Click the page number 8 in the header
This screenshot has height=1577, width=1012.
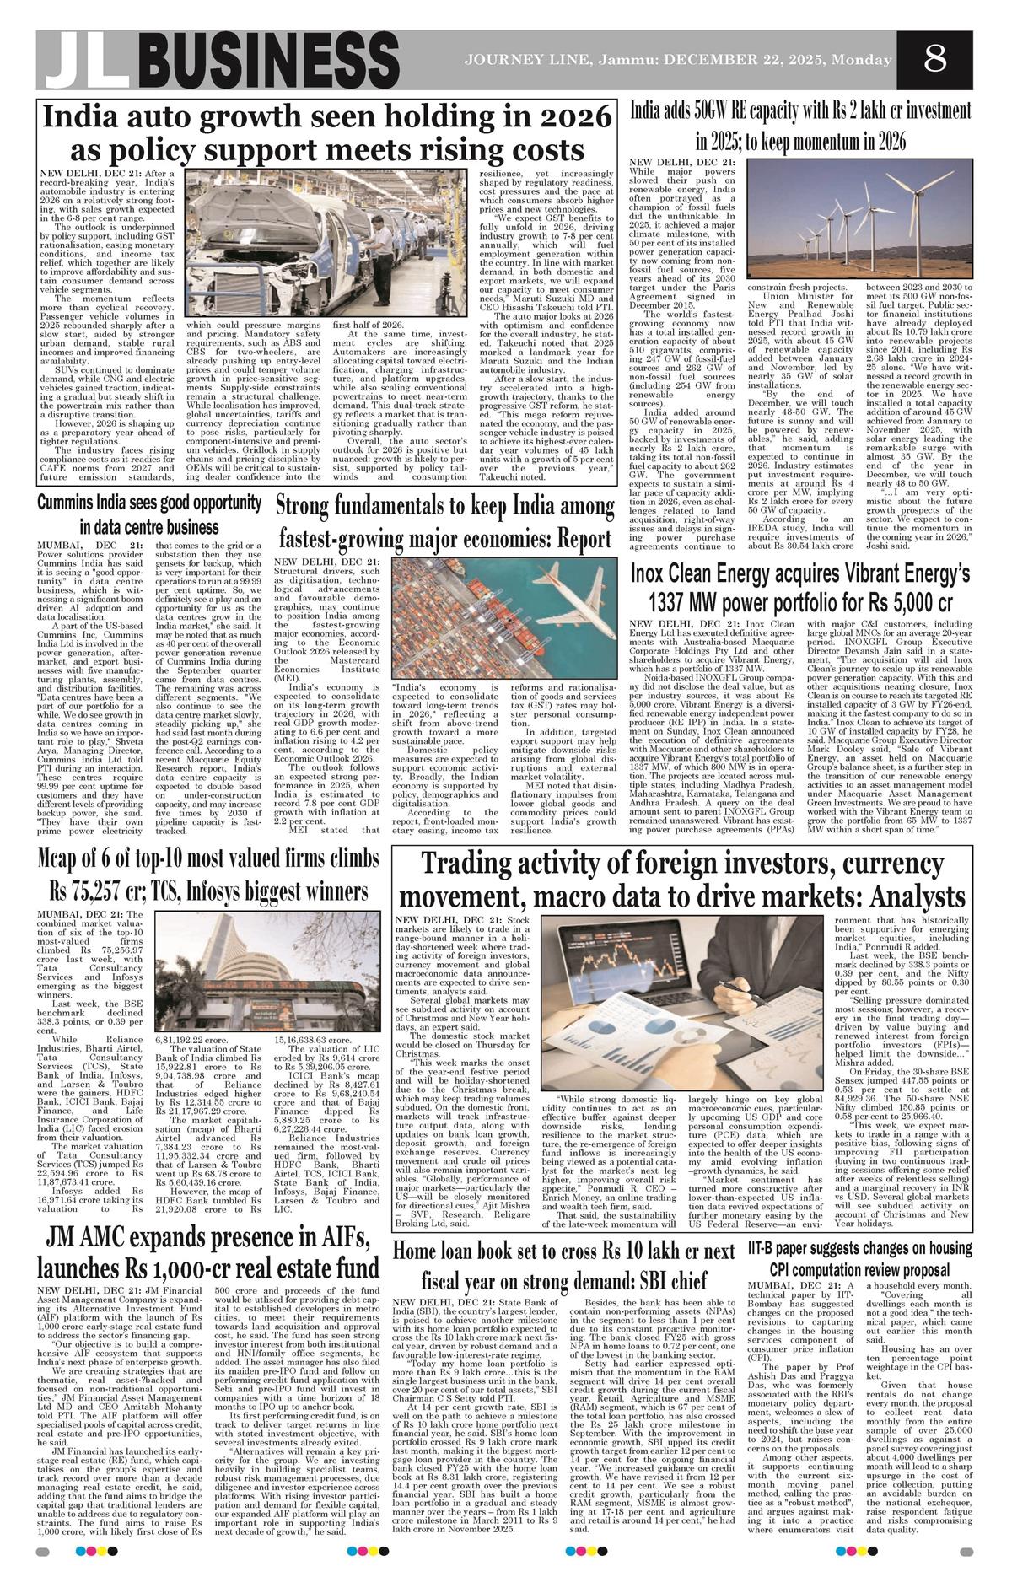click(934, 60)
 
